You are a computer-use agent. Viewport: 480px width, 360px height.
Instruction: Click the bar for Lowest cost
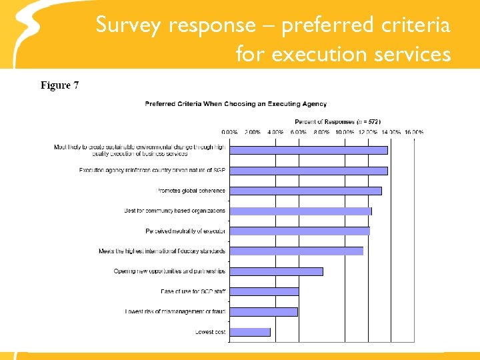point(250,331)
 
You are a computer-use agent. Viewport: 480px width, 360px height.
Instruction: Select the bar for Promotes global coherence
point(305,191)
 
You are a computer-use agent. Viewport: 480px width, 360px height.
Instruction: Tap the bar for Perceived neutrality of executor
point(299,231)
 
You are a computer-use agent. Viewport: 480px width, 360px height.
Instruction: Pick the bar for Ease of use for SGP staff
point(264,291)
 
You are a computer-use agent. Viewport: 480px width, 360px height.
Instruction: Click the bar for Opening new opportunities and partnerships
point(276,271)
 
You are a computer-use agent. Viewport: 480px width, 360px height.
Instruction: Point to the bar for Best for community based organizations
point(301,211)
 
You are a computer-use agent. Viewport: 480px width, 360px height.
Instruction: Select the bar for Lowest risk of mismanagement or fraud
point(263,311)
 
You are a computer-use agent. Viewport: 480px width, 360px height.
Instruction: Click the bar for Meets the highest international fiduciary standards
point(296,251)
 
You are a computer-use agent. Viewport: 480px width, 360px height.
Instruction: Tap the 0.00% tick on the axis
point(229,132)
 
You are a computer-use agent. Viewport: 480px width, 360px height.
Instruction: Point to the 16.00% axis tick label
point(413,132)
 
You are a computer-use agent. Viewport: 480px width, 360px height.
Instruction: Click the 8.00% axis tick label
point(321,132)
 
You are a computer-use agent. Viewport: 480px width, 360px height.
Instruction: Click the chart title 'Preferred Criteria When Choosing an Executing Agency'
point(236,104)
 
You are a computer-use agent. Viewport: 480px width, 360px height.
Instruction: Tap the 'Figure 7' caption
point(60,85)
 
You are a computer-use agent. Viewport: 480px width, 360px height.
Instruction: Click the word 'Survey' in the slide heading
point(128,25)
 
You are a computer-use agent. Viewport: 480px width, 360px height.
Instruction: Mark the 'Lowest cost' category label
point(210,331)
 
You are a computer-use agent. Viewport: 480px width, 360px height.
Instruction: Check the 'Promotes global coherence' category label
point(191,191)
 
